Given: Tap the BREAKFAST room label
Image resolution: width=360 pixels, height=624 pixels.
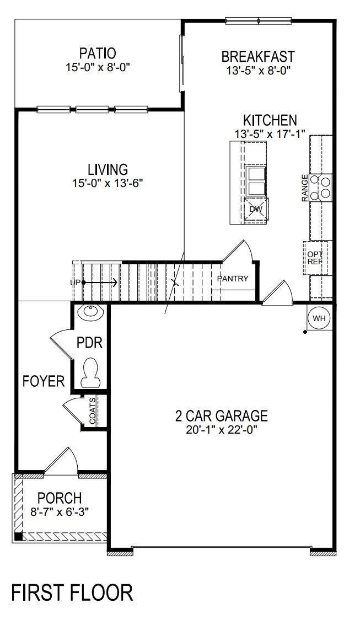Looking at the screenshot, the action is [258, 56].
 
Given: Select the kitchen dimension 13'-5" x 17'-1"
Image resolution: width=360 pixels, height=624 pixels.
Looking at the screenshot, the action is [270, 134].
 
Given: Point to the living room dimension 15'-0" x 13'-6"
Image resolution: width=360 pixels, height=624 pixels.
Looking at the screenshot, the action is [108, 183].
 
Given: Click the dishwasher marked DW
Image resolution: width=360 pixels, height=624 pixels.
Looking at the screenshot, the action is [256, 209].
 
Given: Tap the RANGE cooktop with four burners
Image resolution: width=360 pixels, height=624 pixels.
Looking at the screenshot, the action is [321, 188].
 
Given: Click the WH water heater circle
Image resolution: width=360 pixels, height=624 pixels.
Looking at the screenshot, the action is [319, 318].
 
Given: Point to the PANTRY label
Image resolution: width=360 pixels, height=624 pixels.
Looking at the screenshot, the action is [233, 279].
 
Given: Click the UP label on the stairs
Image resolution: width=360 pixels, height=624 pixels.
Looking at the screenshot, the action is [75, 282].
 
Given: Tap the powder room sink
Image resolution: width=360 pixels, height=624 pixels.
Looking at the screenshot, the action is [90, 312].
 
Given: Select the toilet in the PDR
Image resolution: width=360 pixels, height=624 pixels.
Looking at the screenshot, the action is [91, 372].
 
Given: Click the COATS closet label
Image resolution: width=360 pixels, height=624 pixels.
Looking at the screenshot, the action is [92, 412].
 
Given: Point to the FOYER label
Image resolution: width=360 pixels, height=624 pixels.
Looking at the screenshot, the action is [44, 381].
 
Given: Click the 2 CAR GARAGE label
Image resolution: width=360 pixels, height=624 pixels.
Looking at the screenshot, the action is [222, 416].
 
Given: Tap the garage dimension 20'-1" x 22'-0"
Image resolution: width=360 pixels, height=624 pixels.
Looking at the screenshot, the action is [222, 430].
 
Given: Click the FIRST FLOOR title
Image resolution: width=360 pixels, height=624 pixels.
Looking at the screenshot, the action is [72, 593].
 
